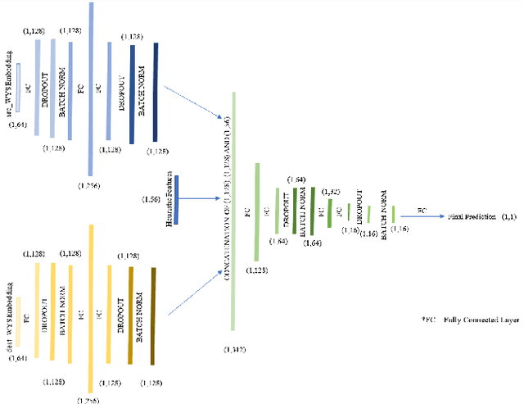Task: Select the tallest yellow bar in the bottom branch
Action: click(x=90, y=303)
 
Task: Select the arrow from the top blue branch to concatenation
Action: click(x=196, y=104)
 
